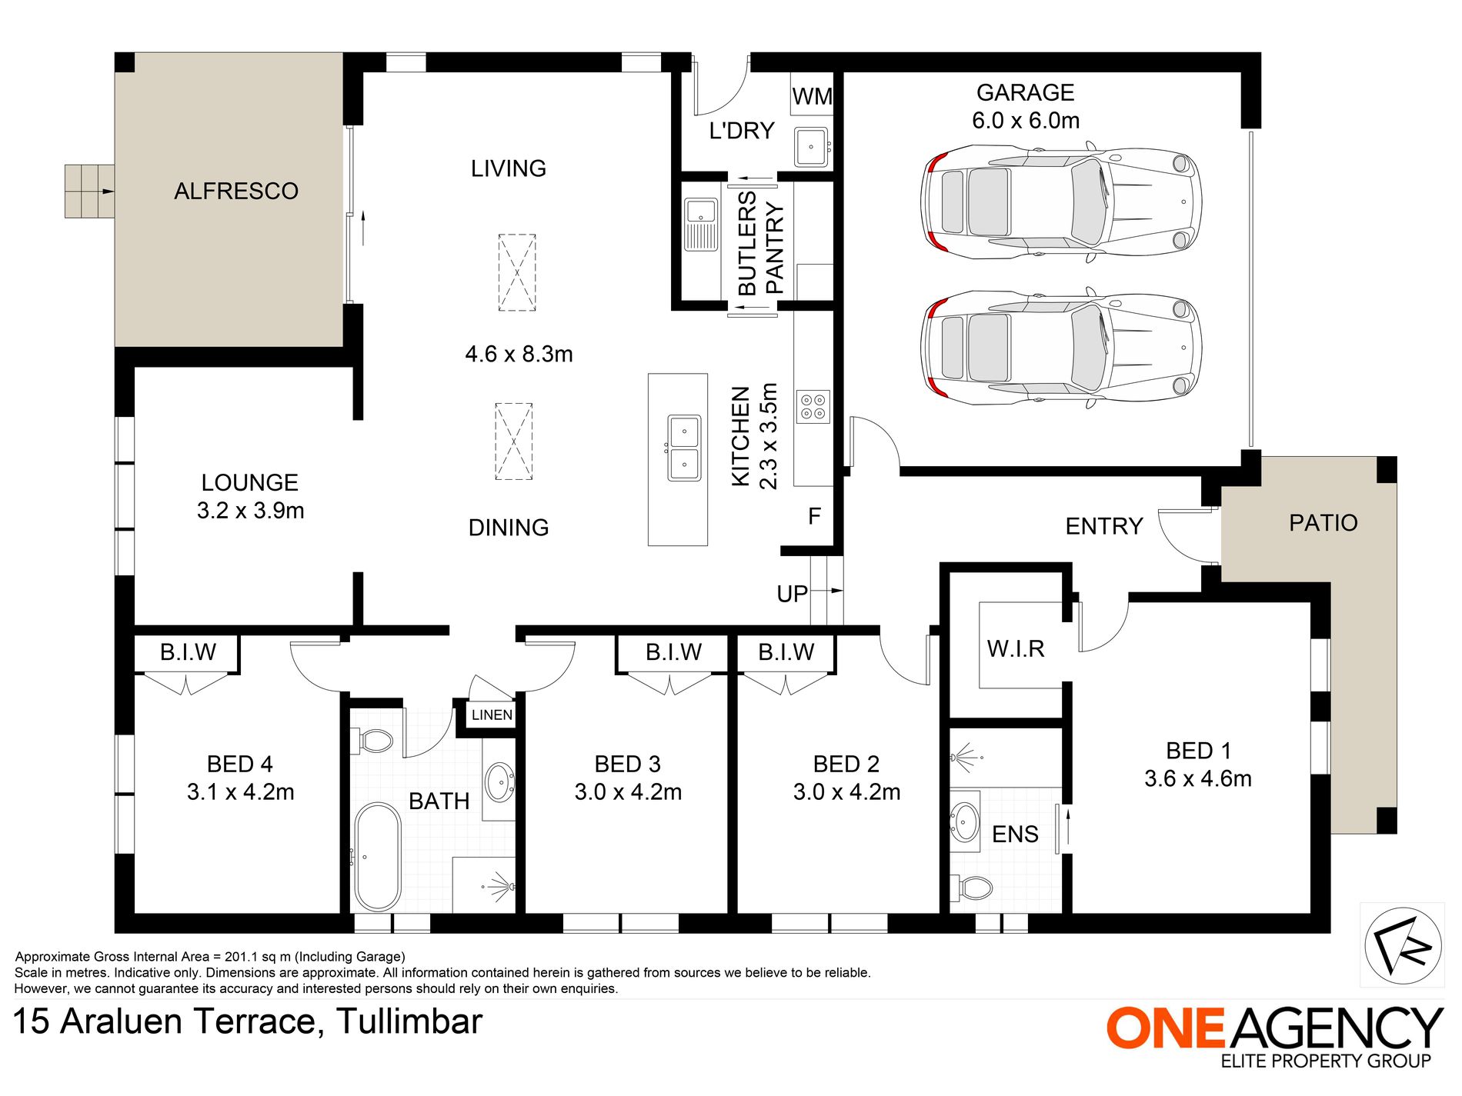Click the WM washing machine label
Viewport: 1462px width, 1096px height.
tap(812, 97)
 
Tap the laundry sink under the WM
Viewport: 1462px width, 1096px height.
tap(811, 146)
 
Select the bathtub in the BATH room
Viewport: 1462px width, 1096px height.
tap(377, 857)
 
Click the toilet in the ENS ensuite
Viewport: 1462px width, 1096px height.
tap(971, 888)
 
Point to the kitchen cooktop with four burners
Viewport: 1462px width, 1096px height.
tap(813, 406)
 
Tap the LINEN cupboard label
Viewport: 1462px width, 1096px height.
tap(492, 715)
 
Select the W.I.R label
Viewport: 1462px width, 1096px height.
tap(1016, 648)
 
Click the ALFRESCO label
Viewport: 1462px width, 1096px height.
tap(236, 191)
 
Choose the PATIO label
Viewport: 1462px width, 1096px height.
tap(1323, 522)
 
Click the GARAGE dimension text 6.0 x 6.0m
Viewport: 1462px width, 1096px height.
tap(1026, 121)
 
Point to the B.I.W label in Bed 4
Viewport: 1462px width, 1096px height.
tap(188, 652)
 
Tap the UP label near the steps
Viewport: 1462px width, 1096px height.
tap(792, 594)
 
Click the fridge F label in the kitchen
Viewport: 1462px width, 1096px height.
tap(814, 516)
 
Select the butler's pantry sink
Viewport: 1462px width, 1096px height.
tap(700, 225)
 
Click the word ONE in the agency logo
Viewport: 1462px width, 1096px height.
tap(1165, 1028)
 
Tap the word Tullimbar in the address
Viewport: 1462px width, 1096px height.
tap(409, 1021)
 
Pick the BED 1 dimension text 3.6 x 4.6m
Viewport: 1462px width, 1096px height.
tap(1197, 778)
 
